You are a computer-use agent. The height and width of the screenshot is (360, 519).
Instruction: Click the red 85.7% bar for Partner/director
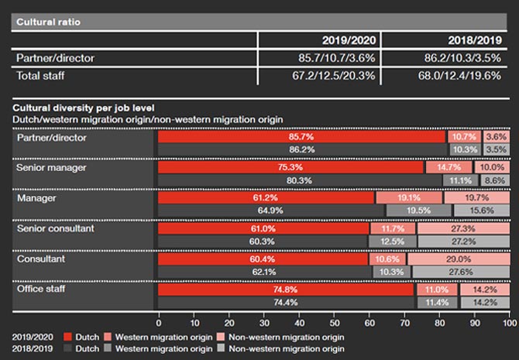(302, 136)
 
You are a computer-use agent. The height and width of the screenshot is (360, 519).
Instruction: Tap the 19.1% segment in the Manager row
(407, 198)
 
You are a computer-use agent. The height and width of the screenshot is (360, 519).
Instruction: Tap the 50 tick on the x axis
(334, 321)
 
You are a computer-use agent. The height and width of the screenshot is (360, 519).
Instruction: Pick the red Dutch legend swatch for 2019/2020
(67, 338)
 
